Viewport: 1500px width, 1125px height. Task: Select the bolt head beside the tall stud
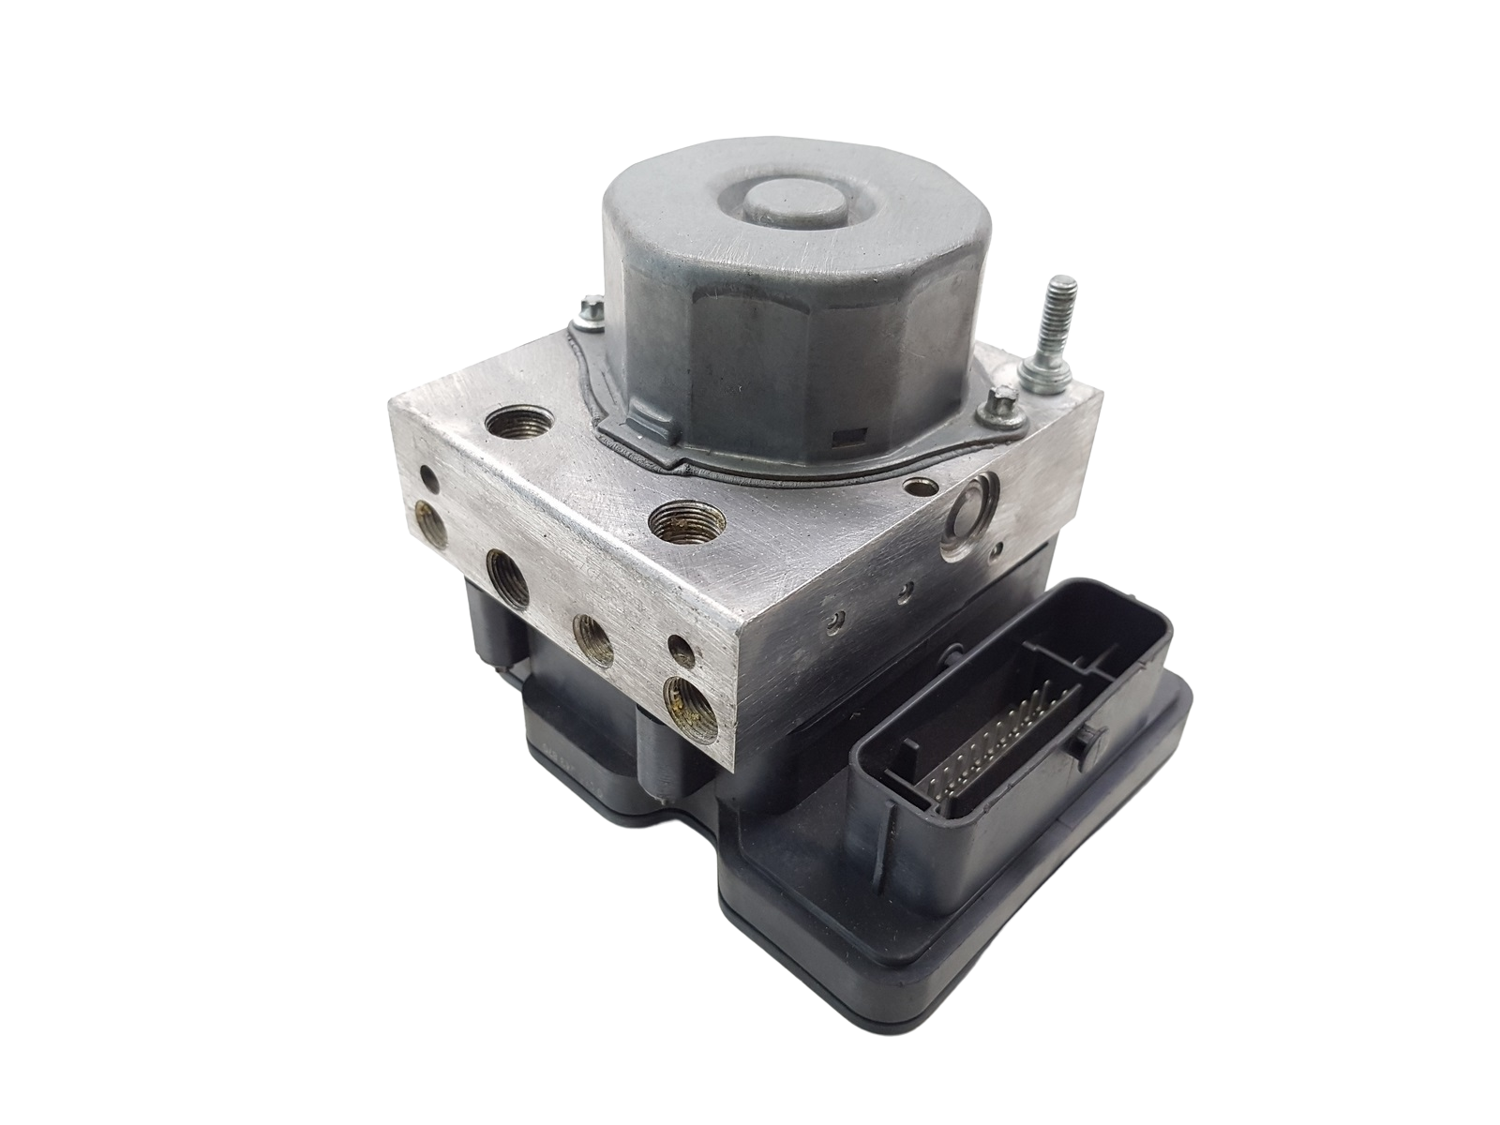[993, 406]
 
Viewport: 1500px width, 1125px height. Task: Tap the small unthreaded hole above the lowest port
[679, 647]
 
